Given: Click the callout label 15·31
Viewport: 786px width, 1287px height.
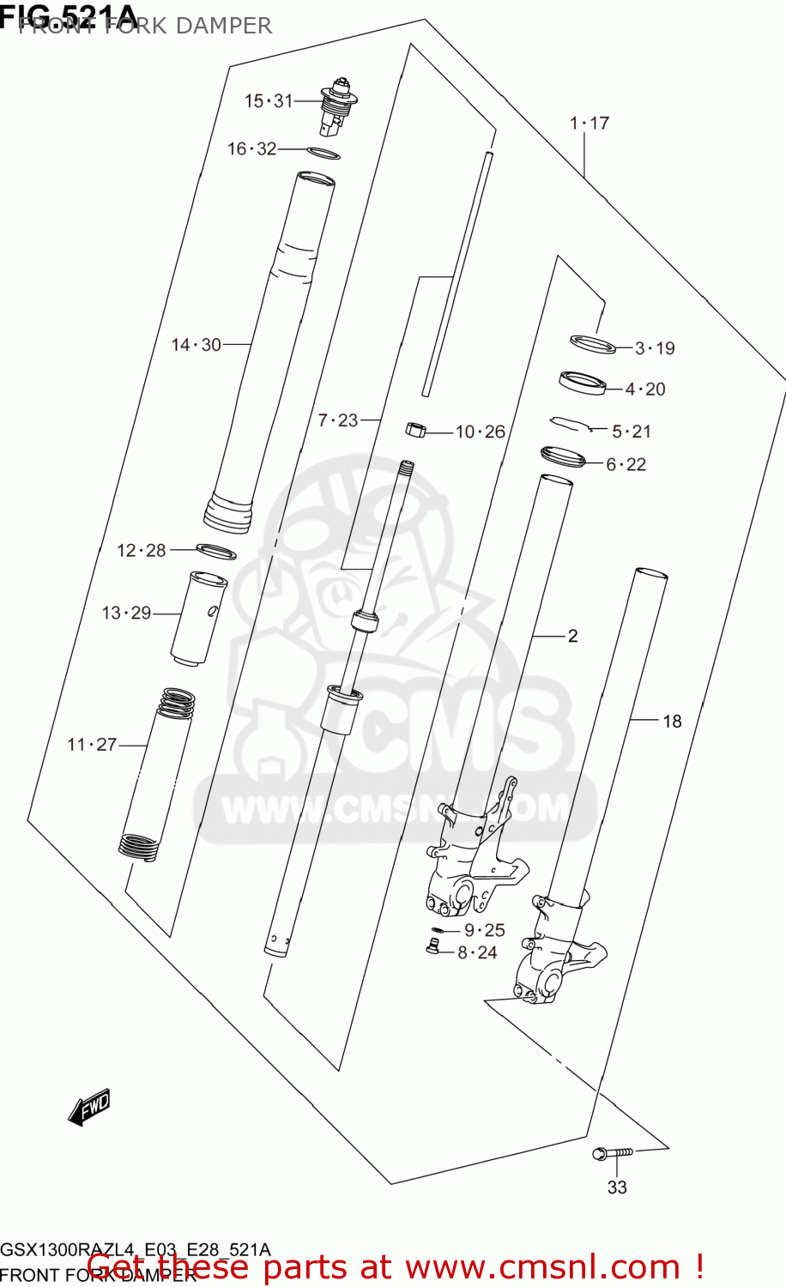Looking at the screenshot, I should tap(269, 101).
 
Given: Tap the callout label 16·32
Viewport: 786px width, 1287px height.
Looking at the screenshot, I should tap(251, 149).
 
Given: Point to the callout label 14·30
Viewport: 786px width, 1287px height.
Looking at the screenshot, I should tap(196, 345).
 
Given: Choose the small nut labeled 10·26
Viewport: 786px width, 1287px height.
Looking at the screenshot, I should tap(416, 429).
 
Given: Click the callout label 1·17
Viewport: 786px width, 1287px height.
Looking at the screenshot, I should tap(589, 124).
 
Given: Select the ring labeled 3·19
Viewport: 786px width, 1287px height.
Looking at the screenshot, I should tap(593, 344).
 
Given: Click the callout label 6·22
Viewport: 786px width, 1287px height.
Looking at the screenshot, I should tap(626, 465).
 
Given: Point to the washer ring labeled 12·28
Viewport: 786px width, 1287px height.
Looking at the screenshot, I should tap(215, 551).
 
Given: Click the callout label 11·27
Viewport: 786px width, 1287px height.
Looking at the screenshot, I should tap(92, 745).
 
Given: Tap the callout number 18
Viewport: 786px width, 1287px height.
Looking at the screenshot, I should tap(672, 722).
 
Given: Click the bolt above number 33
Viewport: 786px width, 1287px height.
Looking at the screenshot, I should tap(613, 1153).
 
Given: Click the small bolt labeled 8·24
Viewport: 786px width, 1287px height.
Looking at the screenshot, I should tap(432, 946).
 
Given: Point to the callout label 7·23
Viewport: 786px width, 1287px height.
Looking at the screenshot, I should tap(338, 420).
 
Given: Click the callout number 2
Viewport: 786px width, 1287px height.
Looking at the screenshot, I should tap(572, 636).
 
